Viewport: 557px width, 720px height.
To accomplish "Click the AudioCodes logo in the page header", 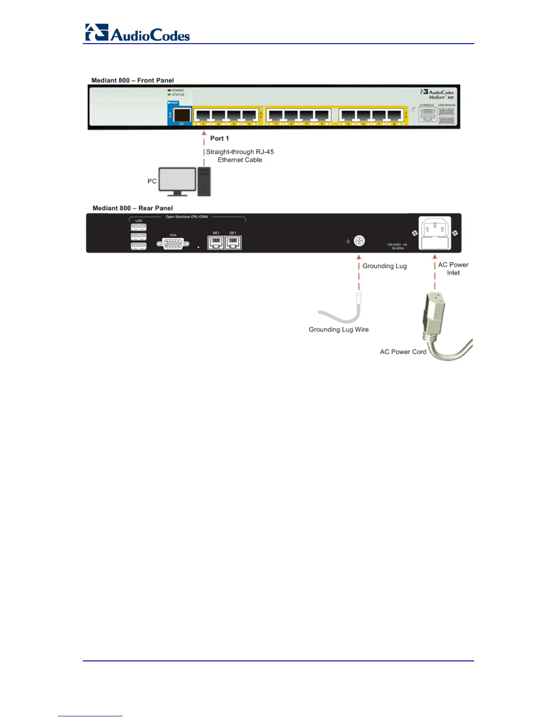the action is point(137,33).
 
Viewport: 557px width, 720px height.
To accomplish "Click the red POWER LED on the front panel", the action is point(169,90).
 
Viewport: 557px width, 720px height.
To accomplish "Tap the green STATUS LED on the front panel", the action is point(169,95).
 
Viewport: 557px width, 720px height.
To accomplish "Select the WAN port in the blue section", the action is point(182,115).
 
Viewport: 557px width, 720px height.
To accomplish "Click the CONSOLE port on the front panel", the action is point(427,115).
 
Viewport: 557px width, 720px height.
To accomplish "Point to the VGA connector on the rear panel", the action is point(173,244).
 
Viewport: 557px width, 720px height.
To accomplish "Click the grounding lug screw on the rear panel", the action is point(360,240).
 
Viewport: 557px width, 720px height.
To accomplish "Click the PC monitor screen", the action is point(177,180).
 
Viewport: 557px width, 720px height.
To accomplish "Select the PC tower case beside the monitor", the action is point(204,181).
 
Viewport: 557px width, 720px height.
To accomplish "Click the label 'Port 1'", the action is point(219,138).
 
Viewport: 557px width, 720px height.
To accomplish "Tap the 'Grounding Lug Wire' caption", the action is point(339,330).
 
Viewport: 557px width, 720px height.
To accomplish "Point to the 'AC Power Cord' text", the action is point(403,352).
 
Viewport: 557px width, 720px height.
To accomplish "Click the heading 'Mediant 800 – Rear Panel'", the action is point(132,208).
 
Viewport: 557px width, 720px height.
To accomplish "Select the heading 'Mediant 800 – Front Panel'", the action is point(132,80).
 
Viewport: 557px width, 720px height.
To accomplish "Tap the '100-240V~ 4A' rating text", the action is point(397,245).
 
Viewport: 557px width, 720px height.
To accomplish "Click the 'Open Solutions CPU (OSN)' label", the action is point(187,217).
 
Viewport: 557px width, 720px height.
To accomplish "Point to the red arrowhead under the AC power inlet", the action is point(435,257).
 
